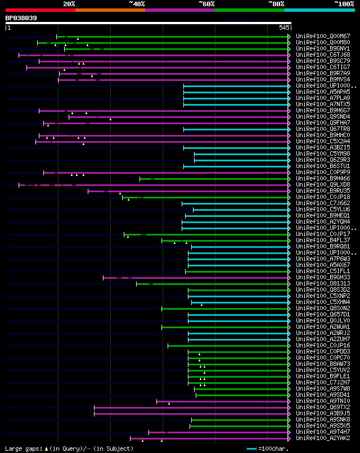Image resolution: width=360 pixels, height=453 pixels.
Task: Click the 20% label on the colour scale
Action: point(69,3)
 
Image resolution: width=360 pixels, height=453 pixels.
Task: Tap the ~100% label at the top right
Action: point(344,3)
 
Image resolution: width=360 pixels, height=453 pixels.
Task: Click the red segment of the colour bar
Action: point(40,10)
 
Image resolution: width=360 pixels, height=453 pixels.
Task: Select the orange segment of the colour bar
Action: point(110,10)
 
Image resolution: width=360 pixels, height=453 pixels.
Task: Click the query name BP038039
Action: point(21,18)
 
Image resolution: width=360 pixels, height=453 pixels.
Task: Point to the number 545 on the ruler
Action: point(284,28)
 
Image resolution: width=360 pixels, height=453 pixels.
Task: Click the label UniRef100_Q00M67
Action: point(323,36)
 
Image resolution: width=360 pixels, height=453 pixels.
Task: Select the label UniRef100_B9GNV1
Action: point(323,48)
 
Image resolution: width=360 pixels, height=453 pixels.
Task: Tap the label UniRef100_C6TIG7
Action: point(323,67)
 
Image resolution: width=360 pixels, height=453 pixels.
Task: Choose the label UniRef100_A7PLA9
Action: point(323,98)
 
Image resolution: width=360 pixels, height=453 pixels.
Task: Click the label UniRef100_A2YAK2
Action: point(323,438)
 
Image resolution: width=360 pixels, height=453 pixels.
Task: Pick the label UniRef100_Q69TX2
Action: point(323,407)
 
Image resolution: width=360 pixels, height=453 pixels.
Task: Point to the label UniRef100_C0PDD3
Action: point(323,351)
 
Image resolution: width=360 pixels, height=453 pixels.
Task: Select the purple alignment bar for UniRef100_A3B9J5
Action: point(191,413)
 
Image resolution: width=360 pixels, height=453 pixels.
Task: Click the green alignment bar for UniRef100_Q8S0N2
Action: point(225,308)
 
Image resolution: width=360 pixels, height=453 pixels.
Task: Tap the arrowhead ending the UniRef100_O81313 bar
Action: point(289,283)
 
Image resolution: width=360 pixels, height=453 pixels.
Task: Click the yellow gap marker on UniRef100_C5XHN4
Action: point(202,304)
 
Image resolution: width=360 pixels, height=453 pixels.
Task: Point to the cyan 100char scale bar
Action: point(252,449)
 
